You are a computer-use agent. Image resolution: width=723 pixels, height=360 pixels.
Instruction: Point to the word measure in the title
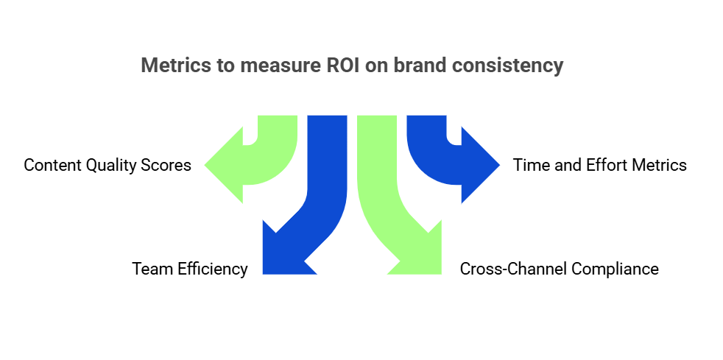(277, 66)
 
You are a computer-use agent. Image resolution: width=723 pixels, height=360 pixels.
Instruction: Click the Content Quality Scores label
(107, 165)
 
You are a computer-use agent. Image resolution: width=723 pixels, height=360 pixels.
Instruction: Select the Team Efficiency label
(190, 269)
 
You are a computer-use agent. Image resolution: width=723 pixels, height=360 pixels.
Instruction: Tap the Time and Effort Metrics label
(600, 165)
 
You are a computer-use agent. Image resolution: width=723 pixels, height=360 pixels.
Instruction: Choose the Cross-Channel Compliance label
(560, 269)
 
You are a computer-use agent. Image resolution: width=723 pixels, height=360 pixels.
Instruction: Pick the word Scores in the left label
(169, 165)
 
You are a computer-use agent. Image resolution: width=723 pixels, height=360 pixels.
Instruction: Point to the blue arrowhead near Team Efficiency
(283, 254)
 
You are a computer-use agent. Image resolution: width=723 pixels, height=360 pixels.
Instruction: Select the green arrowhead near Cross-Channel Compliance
(420, 254)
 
